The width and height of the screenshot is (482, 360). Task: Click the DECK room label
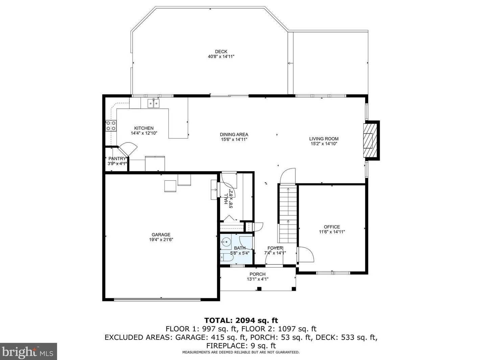pos(221,52)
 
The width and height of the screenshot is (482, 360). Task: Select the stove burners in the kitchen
pos(111,126)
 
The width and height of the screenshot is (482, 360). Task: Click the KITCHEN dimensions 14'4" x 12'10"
pos(144,133)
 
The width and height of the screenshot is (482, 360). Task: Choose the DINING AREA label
pos(234,134)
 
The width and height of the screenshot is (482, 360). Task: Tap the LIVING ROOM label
pos(324,139)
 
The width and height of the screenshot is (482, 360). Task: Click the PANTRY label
pos(117,159)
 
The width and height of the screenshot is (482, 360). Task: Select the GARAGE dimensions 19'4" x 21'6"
pos(161,239)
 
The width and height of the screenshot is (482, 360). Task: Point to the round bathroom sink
pos(225,242)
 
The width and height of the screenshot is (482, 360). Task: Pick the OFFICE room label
pos(332,227)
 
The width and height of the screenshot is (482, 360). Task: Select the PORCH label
pos(257,274)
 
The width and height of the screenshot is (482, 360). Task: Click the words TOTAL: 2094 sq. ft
pos(241,320)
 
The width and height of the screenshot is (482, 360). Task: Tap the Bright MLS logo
pos(28,352)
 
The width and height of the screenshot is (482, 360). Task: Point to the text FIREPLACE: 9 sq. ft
pos(241,346)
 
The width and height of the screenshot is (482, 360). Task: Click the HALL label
pos(226,199)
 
